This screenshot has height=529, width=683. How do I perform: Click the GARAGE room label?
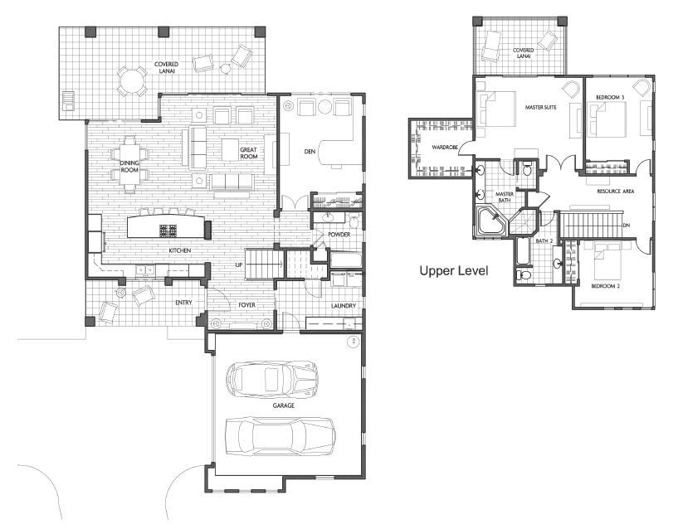pos(283,405)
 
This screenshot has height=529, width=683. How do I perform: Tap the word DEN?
pos(310,152)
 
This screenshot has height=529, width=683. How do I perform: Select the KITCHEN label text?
pos(180,250)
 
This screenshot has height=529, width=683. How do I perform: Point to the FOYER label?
pos(246,305)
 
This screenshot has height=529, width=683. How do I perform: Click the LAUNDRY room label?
pos(344,306)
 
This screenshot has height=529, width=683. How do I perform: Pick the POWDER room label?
pos(339,235)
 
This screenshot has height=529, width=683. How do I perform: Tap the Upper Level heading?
pos(453,271)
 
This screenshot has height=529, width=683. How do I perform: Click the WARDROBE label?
pos(445,148)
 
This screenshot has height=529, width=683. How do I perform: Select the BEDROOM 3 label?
pos(610,98)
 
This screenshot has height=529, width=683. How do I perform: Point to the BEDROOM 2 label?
pos(605,286)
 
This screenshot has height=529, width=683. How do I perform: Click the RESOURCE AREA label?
pos(616,192)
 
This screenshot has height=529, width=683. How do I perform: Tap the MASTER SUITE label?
pos(540,107)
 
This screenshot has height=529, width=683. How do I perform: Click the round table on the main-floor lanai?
pos(130,81)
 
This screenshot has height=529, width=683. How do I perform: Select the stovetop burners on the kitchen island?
pos(168,231)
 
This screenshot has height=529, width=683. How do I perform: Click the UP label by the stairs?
pos(239,264)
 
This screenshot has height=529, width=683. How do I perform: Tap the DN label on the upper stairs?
pos(627,226)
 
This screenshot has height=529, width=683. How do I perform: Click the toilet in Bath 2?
pos(523,275)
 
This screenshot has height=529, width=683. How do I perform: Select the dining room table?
pos(129,164)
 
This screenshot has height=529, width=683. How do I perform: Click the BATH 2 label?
pos(544,241)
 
